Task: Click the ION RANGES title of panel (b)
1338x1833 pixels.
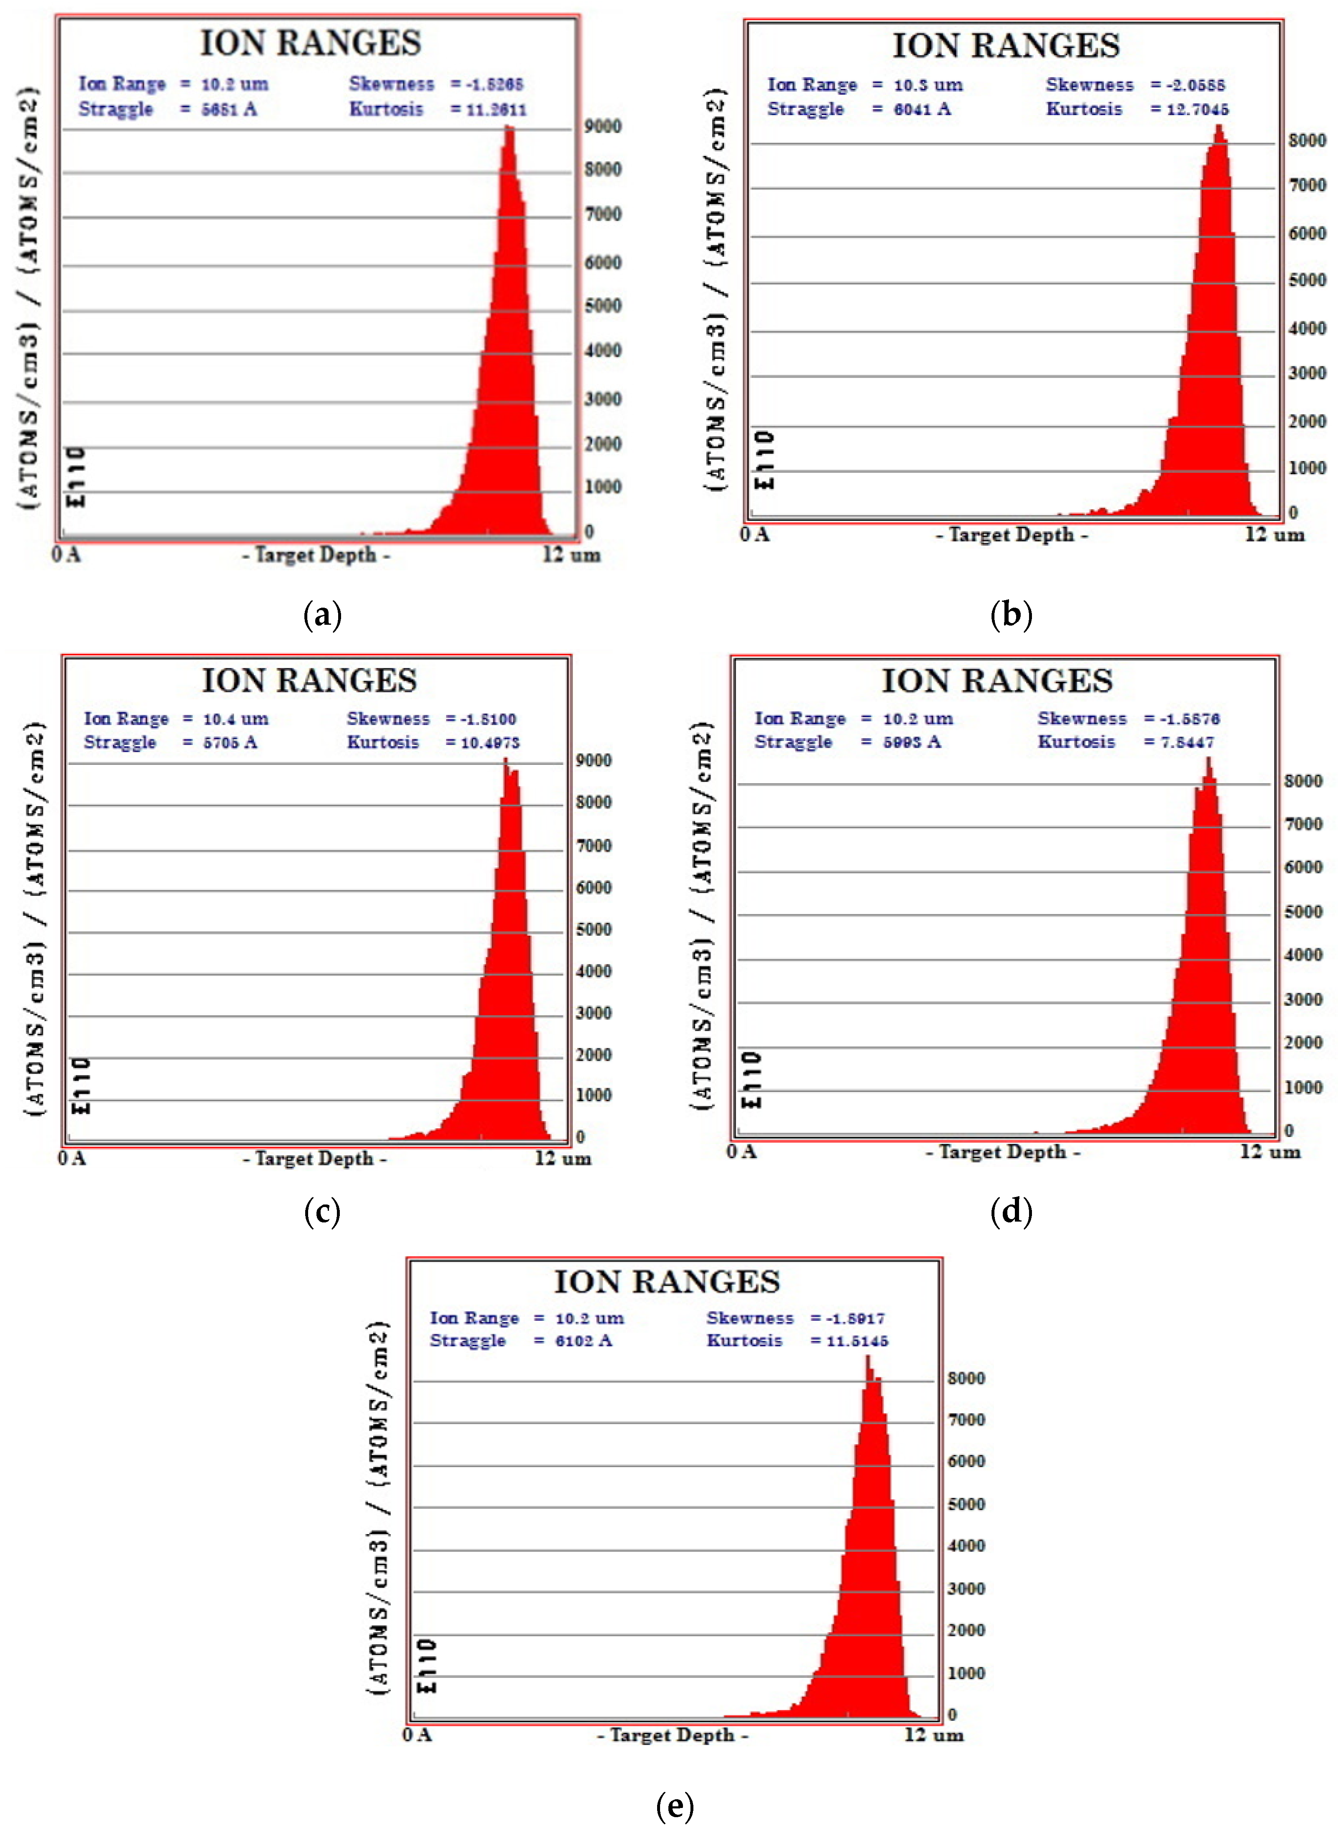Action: point(1006,46)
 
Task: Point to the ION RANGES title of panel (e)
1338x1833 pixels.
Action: point(667,1282)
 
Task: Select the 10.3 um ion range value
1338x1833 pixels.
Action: point(928,85)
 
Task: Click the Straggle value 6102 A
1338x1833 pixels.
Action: point(583,1341)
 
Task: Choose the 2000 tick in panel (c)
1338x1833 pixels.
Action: point(594,1055)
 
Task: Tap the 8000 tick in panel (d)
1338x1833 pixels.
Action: point(1303,781)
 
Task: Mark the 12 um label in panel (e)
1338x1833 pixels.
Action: point(934,1735)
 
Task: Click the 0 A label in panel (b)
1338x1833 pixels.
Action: point(755,535)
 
